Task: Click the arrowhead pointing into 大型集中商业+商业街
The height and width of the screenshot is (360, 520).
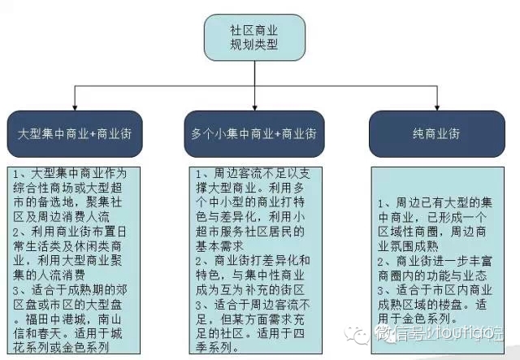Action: click(75, 108)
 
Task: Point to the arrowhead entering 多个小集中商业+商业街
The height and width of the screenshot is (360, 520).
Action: click(253, 108)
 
